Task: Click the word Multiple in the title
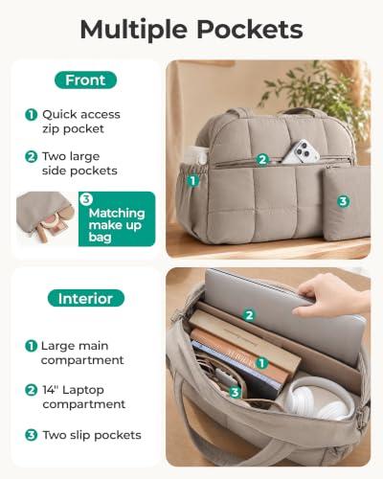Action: [134, 30]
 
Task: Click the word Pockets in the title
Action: [250, 30]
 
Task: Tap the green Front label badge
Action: [85, 80]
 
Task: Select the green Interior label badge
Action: [85, 298]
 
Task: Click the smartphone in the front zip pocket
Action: [301, 151]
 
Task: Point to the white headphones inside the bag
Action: [319, 399]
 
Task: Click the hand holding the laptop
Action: [332, 295]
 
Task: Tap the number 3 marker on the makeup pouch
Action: [343, 201]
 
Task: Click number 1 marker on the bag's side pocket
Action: [192, 181]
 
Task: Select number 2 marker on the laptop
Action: [249, 315]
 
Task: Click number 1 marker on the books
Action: [261, 363]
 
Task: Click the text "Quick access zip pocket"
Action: [81, 122]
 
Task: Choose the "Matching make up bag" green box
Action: [117, 219]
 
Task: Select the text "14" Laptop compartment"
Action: [83, 397]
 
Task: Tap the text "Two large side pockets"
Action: [79, 164]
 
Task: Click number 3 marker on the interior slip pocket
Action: [235, 392]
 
